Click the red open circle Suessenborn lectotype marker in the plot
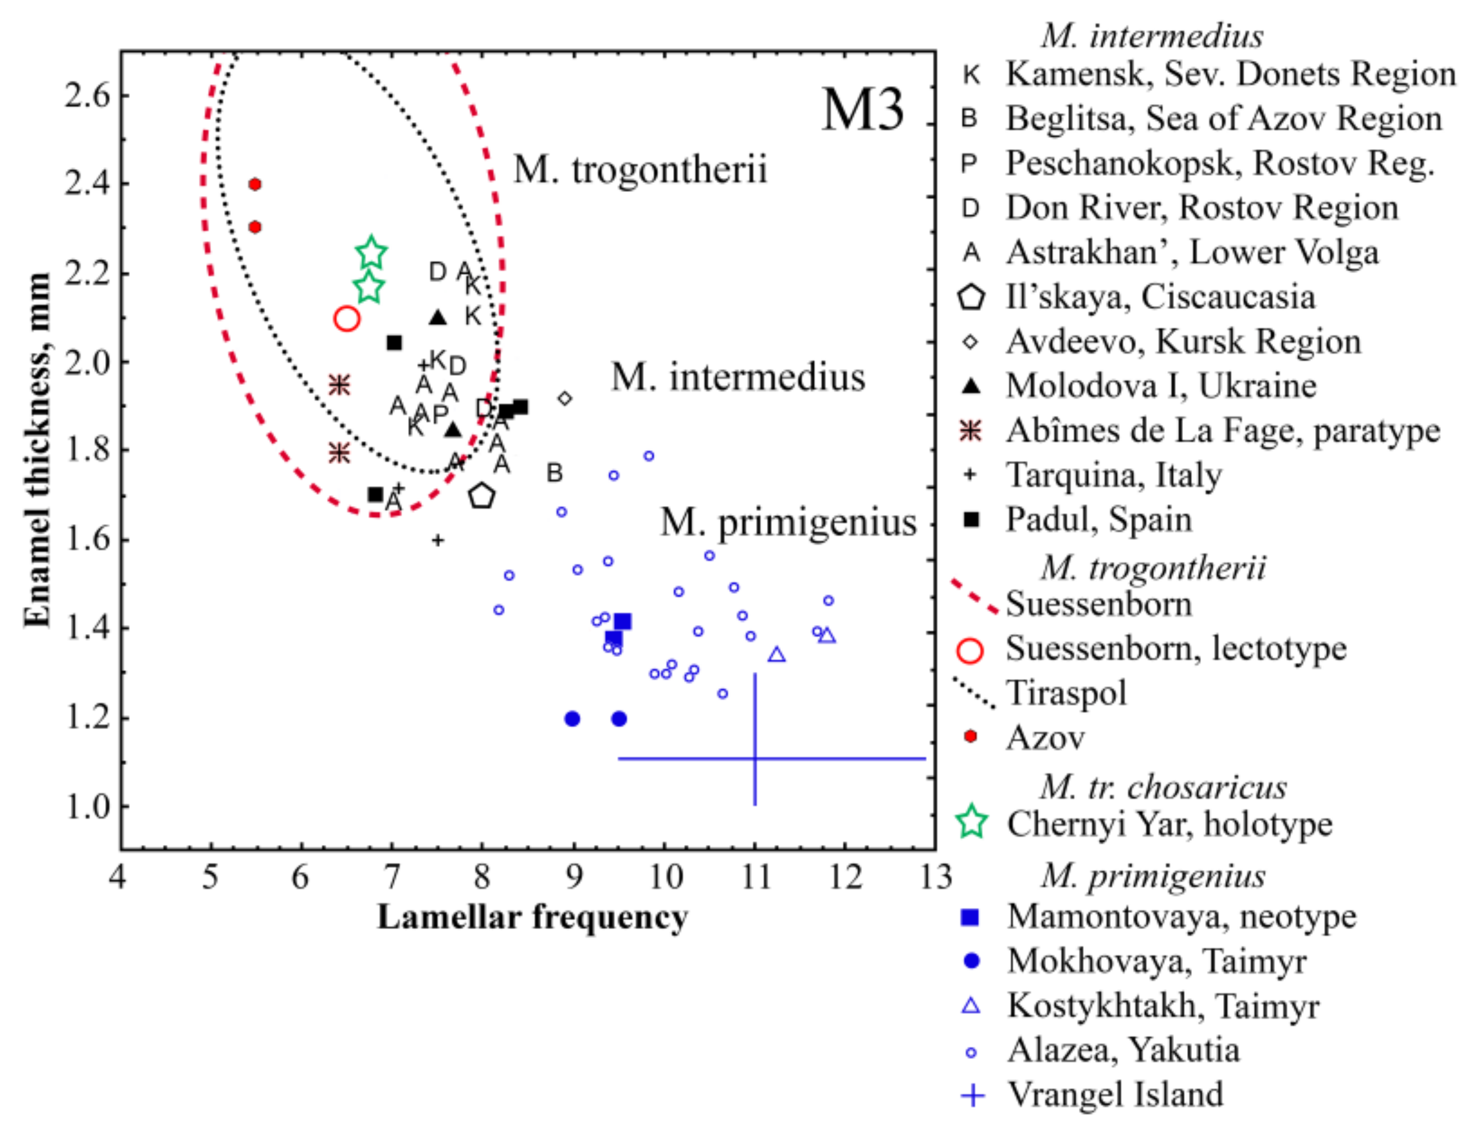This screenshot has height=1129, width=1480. [x=347, y=319]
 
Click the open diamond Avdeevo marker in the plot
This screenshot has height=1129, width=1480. [x=565, y=398]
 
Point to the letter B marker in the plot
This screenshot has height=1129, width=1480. [x=554, y=473]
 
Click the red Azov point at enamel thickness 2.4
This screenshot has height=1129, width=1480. [x=255, y=184]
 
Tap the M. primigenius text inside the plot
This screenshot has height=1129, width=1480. [x=787, y=523]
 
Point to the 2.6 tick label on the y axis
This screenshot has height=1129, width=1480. [x=87, y=95]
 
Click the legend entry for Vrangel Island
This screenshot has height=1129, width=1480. [x=1115, y=1095]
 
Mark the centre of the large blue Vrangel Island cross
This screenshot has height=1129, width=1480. [x=755, y=759]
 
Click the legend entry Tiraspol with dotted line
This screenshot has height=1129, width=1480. [x=1065, y=693]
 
